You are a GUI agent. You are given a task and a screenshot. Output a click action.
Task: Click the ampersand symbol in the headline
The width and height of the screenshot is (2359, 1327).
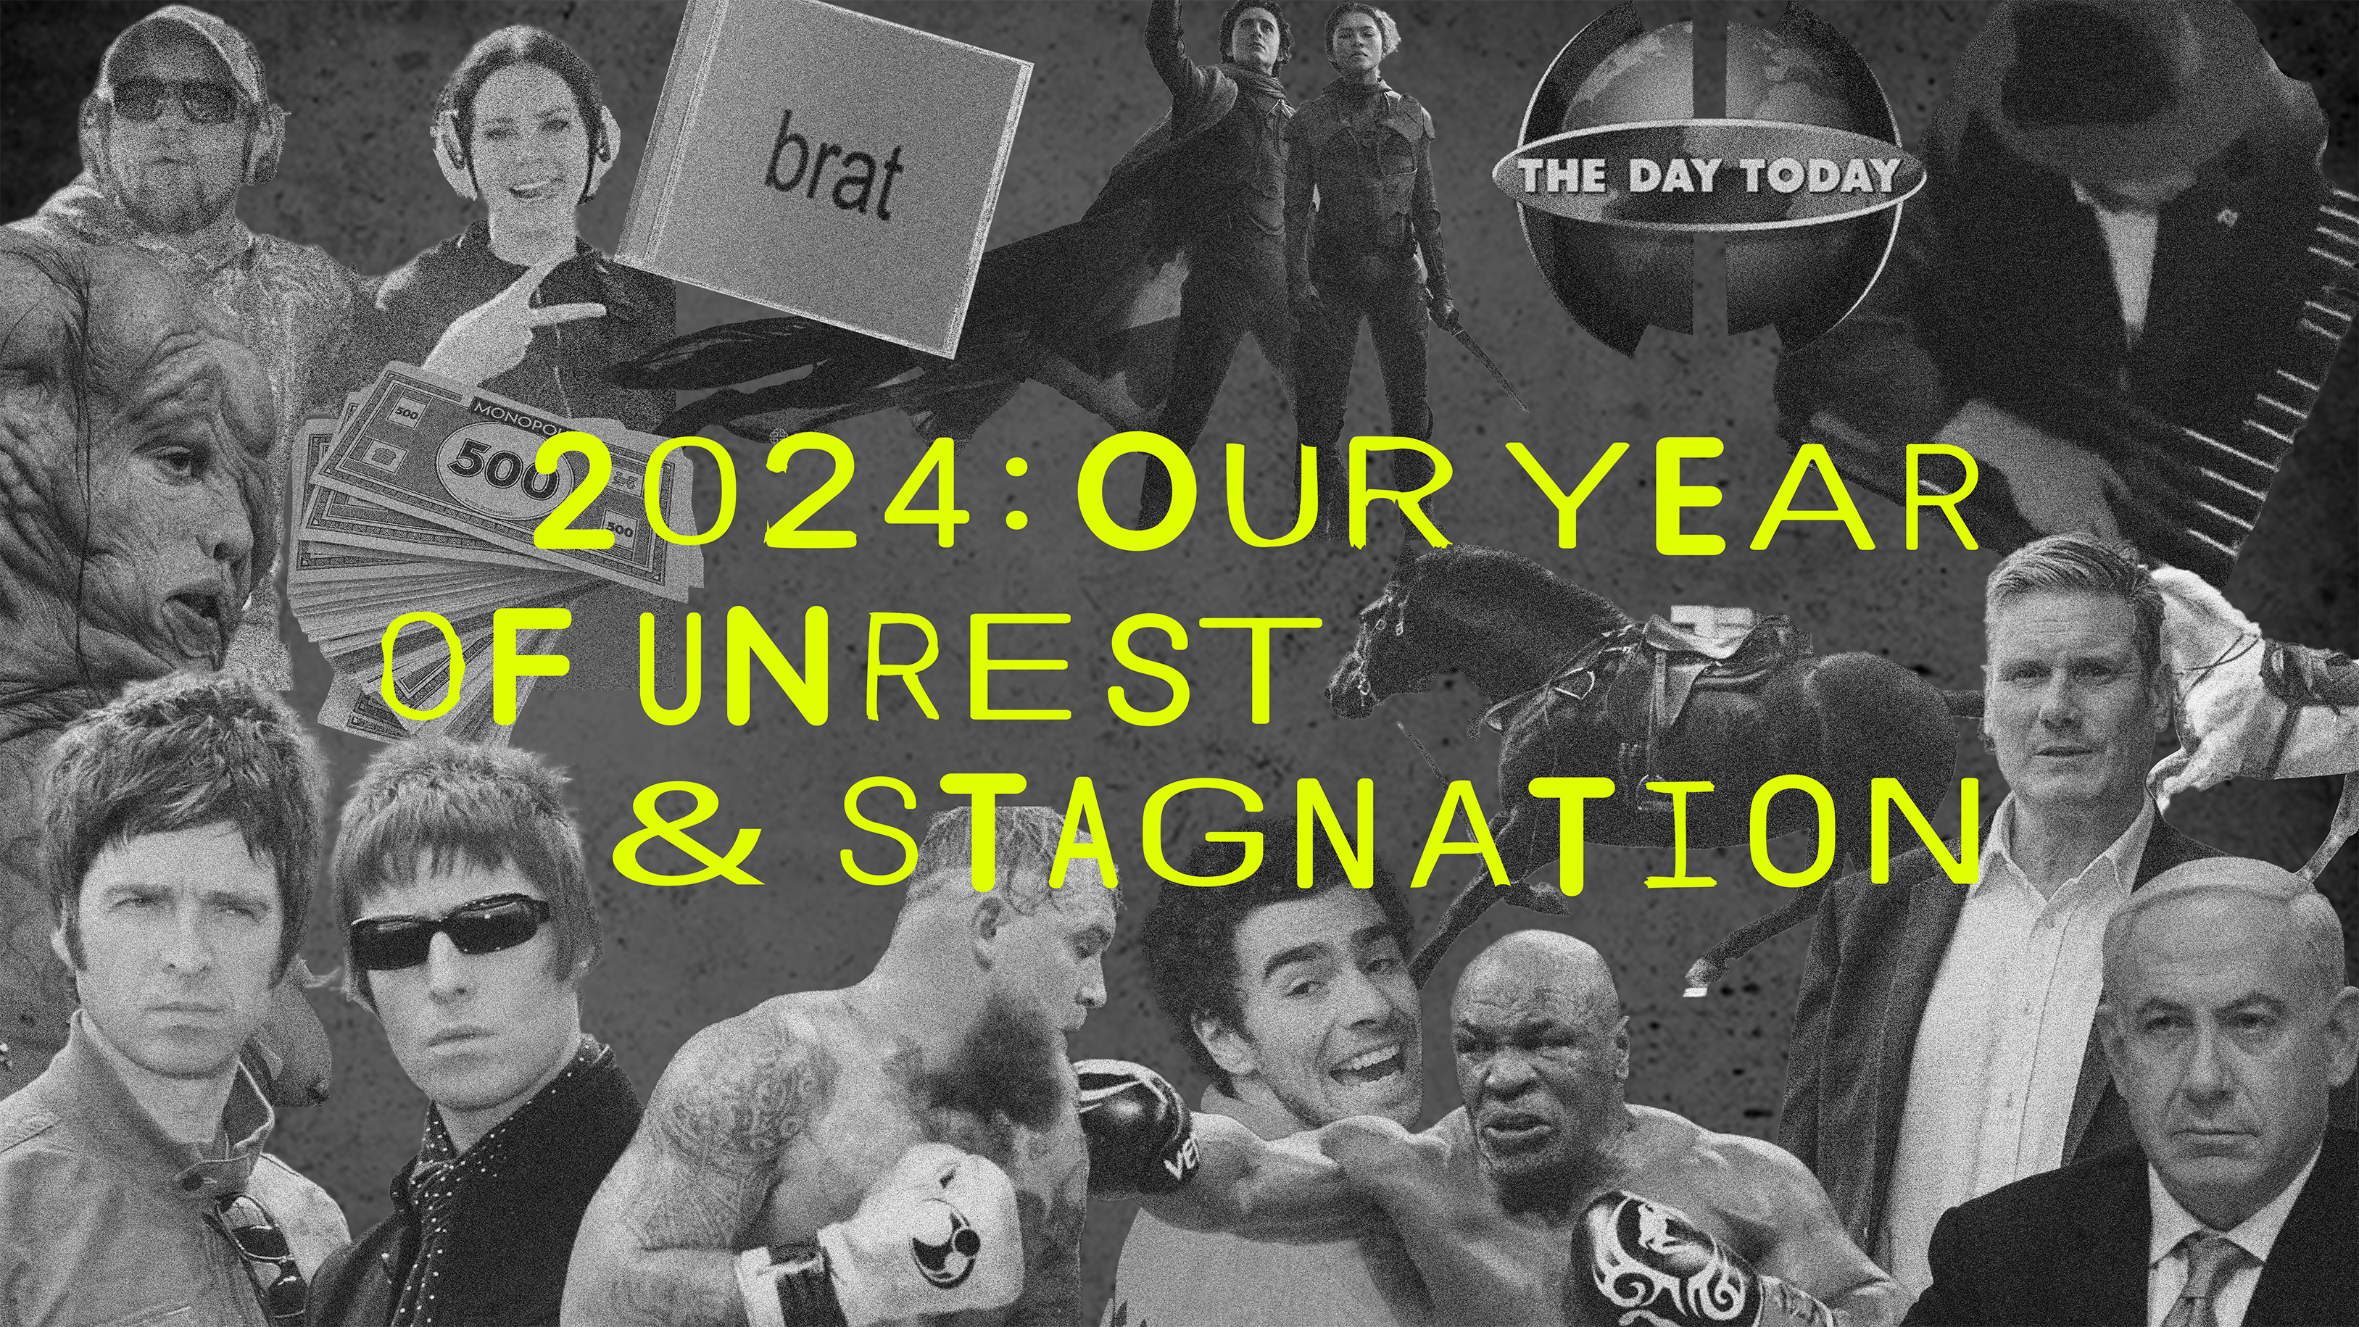pos(689,835)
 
